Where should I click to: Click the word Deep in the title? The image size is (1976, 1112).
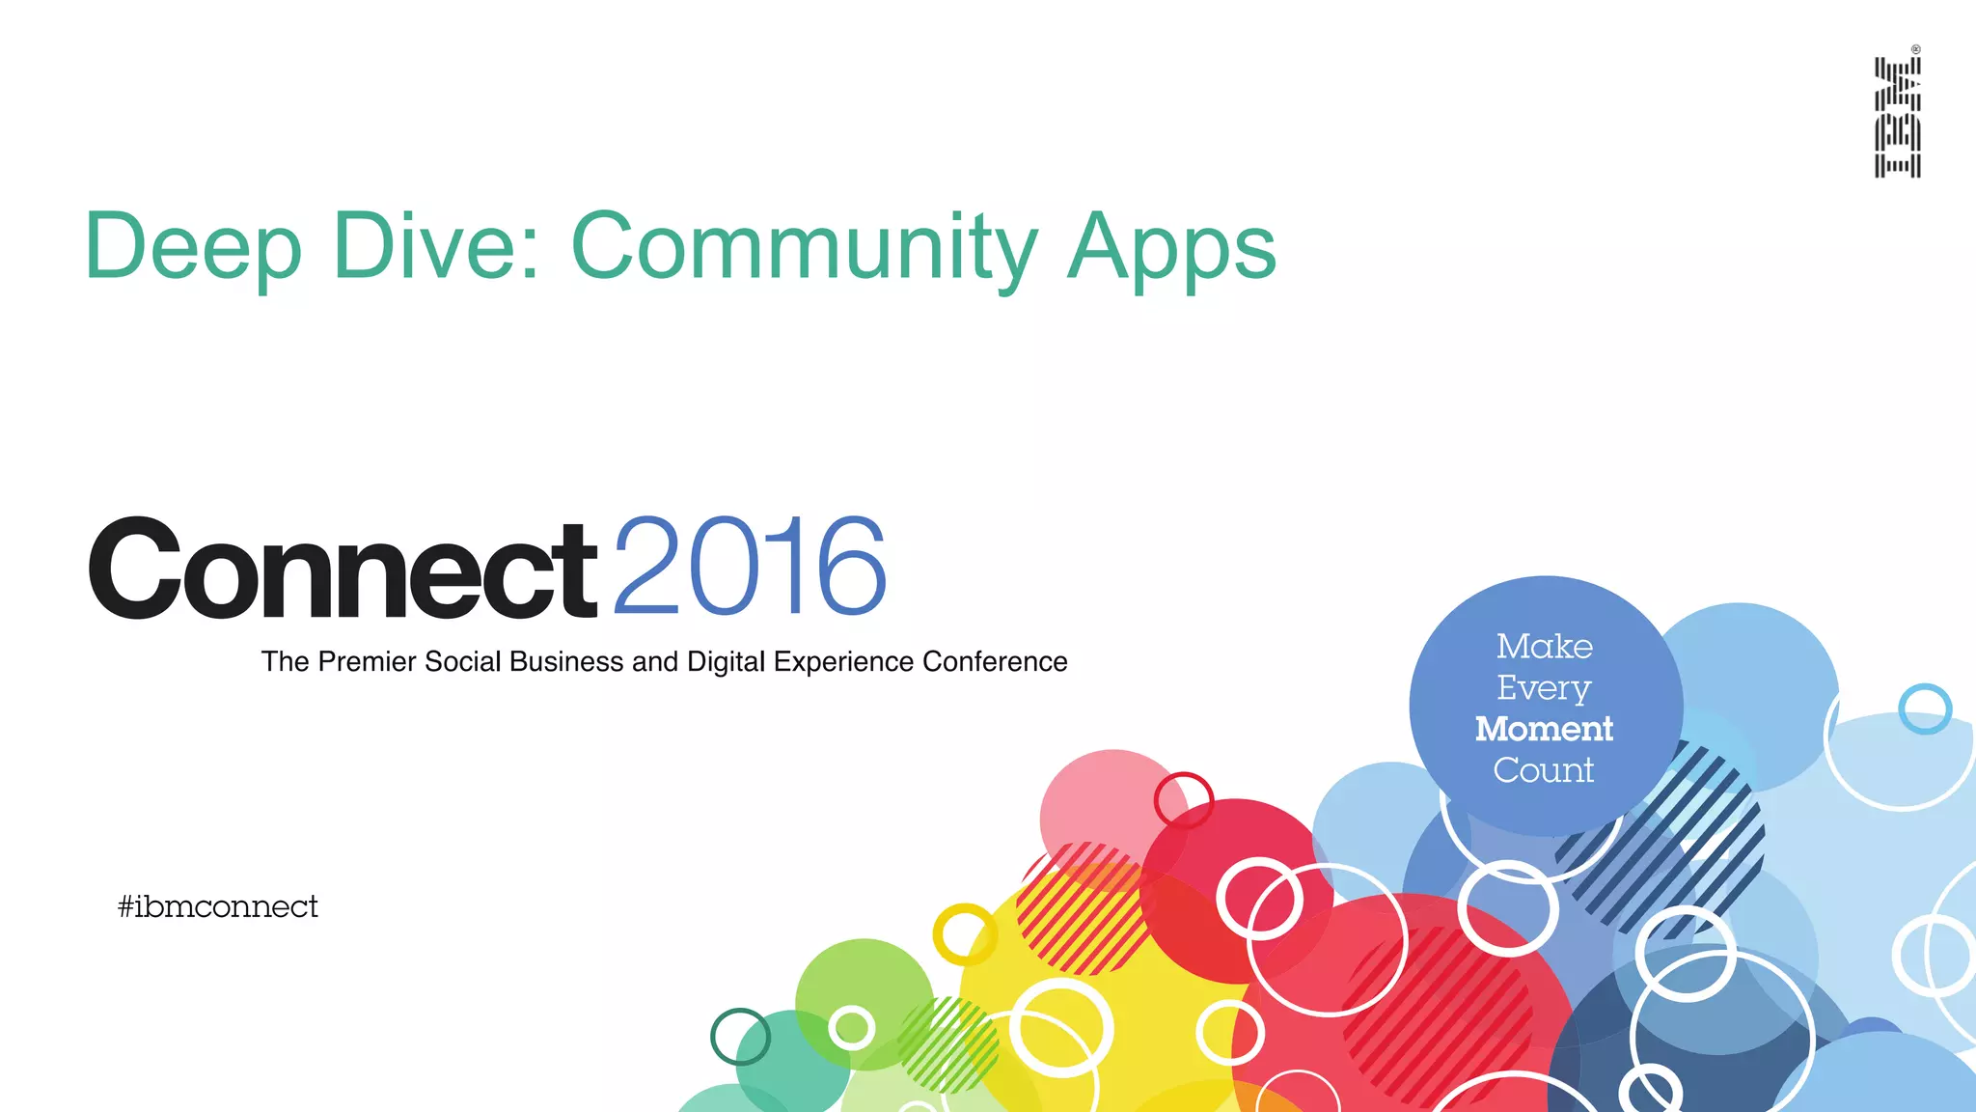(193, 247)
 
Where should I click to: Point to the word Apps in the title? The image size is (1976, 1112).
(1171, 249)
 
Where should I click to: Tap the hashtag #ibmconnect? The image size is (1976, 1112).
(217, 906)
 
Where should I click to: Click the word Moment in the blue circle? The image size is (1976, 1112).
(1544, 729)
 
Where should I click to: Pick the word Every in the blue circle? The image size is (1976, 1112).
(1544, 688)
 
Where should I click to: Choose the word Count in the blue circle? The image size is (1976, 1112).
(1544, 770)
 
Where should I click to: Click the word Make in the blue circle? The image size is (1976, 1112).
(1544, 646)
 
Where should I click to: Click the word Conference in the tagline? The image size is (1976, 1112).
(995, 662)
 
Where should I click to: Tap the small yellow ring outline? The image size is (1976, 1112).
(964, 934)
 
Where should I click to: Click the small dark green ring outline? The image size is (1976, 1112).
(740, 1037)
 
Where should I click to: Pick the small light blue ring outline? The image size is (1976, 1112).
(1925, 709)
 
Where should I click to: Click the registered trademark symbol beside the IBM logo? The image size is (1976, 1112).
(1916, 49)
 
